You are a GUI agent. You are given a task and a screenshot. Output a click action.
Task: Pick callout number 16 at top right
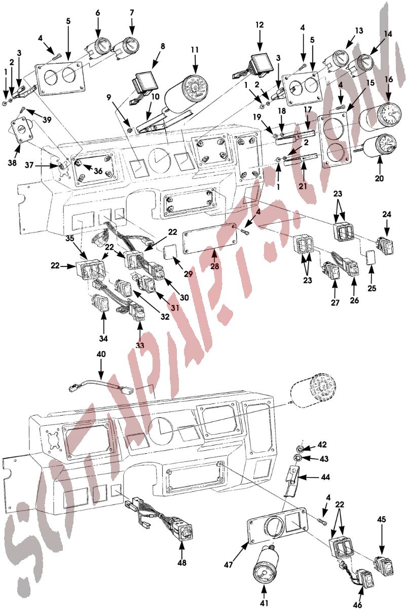[x=389, y=80]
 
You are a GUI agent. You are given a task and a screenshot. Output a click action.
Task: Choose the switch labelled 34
[x=103, y=304]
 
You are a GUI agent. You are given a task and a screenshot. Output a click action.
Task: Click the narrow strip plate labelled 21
[x=301, y=161]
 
